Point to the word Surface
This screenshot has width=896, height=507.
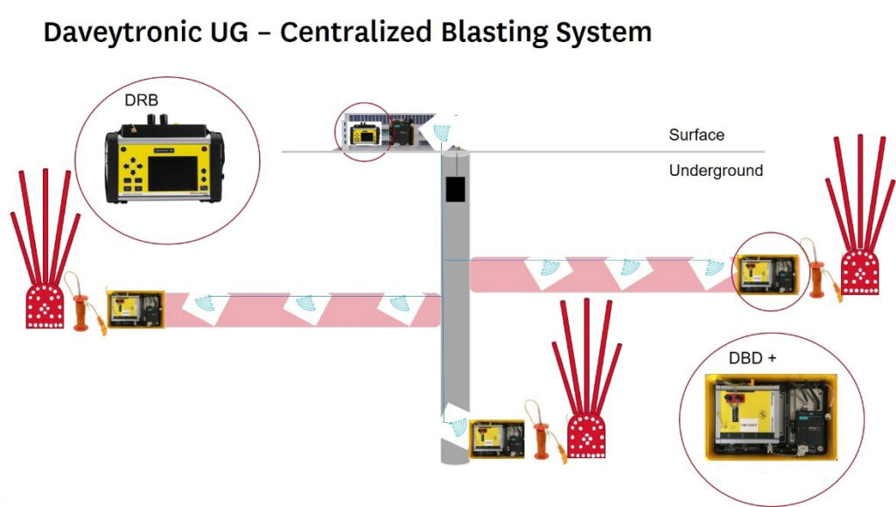pyautogui.click(x=696, y=135)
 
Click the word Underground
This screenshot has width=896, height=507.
pyautogui.click(x=716, y=171)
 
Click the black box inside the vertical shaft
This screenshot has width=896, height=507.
pyautogui.click(x=454, y=189)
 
